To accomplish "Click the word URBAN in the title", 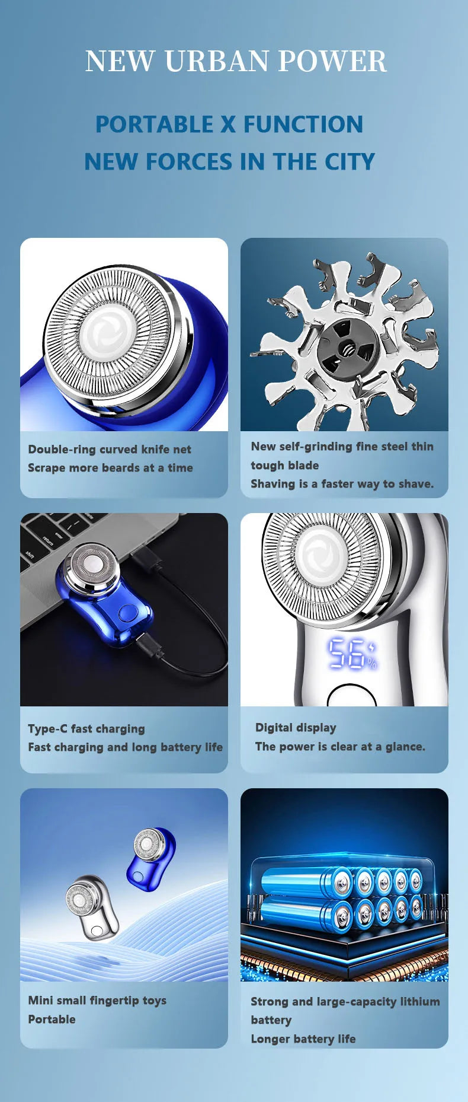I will (x=216, y=61).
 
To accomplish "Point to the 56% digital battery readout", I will (x=352, y=654).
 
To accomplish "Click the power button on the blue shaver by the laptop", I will (x=126, y=613).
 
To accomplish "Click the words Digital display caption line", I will (x=296, y=728).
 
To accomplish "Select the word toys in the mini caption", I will (x=154, y=1001).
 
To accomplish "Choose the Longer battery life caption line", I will (x=303, y=1039).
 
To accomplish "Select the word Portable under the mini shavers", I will (x=52, y=1020).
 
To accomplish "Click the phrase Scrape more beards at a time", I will (x=110, y=468).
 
